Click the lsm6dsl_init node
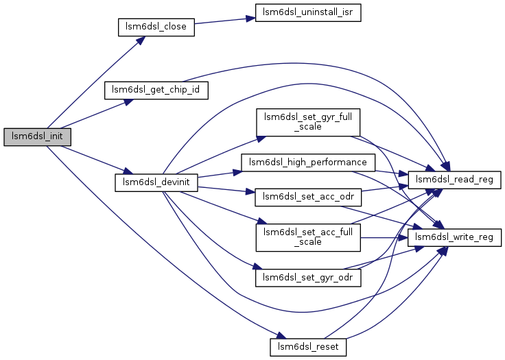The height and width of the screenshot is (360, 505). coord(37,137)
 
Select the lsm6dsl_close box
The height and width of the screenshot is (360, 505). coord(156,27)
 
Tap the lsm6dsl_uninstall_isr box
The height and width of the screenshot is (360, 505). coord(308,12)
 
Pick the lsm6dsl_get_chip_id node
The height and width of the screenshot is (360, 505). coord(156,90)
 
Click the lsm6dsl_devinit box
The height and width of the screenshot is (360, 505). coord(156,182)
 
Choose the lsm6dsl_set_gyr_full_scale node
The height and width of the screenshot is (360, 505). coord(308,122)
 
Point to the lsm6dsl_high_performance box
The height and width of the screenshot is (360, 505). coord(308,163)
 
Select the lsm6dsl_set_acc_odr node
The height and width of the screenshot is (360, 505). coord(308,197)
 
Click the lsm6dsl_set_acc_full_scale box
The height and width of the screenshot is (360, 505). coord(308,238)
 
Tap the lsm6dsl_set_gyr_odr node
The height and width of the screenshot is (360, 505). coord(308,278)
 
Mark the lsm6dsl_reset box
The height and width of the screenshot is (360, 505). coord(308,347)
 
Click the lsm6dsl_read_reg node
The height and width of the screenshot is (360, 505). coord(454,180)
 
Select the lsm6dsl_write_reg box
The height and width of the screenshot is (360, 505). coord(454,238)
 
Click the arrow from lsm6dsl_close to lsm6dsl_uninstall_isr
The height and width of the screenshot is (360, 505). coord(225,21)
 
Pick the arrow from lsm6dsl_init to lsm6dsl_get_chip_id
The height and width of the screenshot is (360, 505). coord(97,114)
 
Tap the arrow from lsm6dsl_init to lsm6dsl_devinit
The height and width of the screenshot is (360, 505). coord(97,160)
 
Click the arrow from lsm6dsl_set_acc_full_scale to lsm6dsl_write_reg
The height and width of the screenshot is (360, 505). coord(384,238)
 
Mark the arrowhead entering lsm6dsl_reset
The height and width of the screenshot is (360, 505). coord(278,335)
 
